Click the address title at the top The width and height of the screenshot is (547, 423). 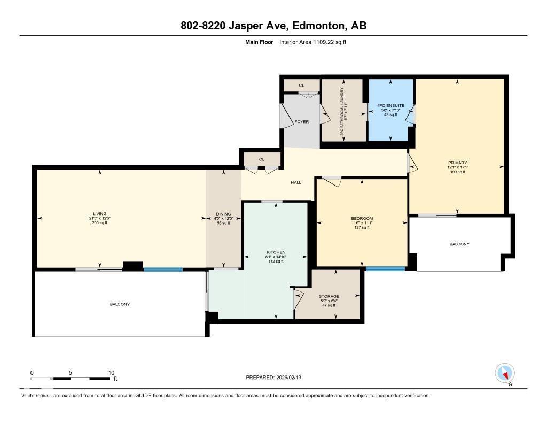coord(273,26)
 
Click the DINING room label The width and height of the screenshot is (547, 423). coord(223,214)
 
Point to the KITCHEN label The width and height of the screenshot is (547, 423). coord(276,252)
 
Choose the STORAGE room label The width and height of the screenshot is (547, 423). coord(329,296)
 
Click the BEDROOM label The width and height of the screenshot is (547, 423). coord(362,219)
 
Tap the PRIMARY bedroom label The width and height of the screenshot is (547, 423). coord(458,163)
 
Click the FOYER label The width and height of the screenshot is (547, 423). coord(302,122)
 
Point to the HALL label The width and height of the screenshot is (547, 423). coord(295,182)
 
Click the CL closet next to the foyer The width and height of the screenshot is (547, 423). coord(301,86)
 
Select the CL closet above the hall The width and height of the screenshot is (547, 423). coord(261,159)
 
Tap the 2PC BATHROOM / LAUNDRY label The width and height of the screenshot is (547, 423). coord(343,111)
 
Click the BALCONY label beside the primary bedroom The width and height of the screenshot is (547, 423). coord(459,244)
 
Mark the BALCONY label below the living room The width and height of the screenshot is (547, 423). coord(120,304)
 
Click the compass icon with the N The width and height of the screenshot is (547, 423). coord(505,373)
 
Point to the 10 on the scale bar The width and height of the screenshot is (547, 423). coord(111,373)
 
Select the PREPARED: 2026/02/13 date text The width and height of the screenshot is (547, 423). coord(277,378)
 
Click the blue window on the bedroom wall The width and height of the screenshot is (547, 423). coord(385,268)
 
